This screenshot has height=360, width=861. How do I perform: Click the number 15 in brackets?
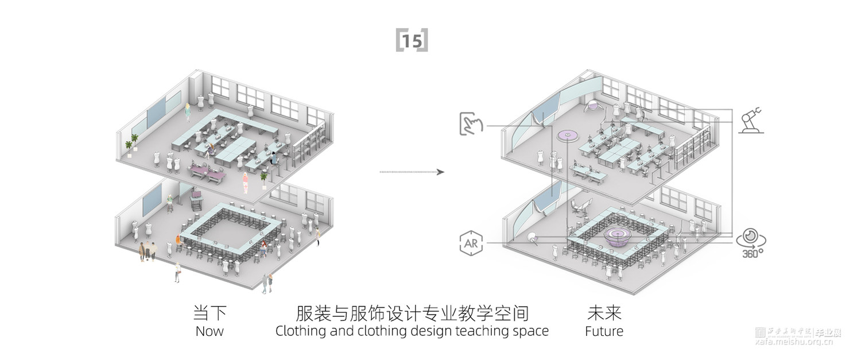(412, 41)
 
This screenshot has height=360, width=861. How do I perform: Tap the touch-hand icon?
(472, 125)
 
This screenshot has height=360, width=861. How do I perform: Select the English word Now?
(210, 331)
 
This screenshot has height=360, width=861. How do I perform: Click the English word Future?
(604, 331)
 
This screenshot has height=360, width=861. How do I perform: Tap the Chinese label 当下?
(210, 313)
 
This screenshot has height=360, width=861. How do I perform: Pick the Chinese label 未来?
(604, 313)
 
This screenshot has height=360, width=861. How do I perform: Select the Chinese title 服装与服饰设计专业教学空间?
(412, 313)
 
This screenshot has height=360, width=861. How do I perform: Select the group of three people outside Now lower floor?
(148, 250)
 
